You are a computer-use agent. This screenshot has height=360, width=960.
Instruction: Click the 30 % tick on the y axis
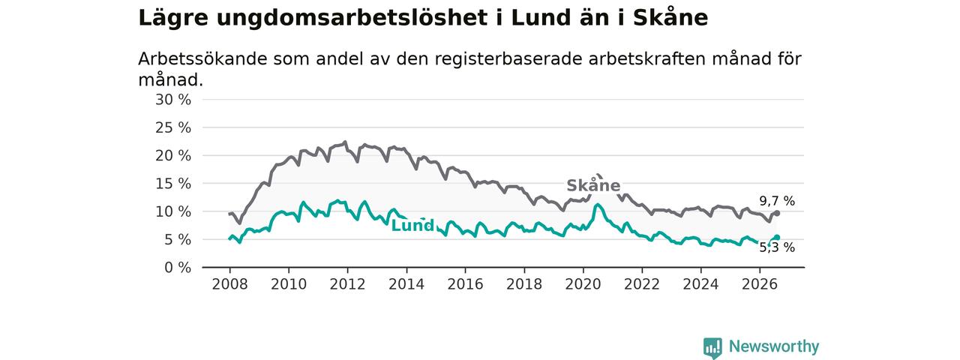click(173, 100)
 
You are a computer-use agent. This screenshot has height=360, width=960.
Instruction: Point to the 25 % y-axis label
click(173, 127)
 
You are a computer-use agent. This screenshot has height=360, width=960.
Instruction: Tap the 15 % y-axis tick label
click(173, 184)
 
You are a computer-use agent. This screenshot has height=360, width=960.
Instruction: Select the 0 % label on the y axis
click(178, 268)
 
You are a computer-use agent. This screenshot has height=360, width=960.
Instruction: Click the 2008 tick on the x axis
click(229, 284)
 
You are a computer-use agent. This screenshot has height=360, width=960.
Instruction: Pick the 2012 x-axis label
click(347, 284)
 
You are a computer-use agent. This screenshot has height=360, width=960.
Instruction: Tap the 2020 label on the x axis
click(583, 284)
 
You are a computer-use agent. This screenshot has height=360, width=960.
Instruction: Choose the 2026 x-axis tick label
click(760, 284)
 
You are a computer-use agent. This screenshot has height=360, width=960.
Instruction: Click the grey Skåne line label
click(593, 185)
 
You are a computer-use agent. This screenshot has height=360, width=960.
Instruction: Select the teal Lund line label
click(412, 226)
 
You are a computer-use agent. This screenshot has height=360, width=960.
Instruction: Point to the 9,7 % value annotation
click(777, 201)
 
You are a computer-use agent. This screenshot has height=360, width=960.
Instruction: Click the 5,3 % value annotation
click(777, 247)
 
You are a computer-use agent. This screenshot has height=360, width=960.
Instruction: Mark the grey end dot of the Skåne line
click(777, 213)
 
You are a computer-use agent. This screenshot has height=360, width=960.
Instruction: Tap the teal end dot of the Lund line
click(777, 238)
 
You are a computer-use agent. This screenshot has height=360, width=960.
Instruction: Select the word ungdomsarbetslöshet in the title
click(352, 18)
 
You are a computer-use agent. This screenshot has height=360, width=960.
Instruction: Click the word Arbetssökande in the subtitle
click(202, 59)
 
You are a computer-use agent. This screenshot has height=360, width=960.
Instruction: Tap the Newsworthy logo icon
click(712, 347)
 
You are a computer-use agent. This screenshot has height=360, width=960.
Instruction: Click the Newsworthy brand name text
click(774, 346)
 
